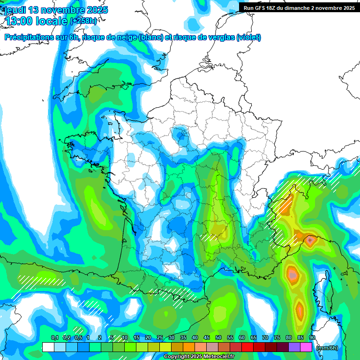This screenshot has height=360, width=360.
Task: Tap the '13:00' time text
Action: [x=19, y=21]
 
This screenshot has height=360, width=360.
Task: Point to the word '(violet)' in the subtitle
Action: [x=248, y=37]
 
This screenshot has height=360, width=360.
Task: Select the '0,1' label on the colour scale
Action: [x=54, y=338]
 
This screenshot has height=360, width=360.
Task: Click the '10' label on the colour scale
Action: [x=125, y=338]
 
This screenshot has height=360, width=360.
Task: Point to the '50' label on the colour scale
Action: [x=218, y=338]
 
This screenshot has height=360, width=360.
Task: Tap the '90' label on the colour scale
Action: [x=312, y=338]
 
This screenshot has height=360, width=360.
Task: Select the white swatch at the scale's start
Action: [x=48, y=347]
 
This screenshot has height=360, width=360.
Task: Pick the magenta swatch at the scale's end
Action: [x=306, y=347]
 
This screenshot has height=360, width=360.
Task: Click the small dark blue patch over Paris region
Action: [x=181, y=135]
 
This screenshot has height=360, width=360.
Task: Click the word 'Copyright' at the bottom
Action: [x=175, y=357]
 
